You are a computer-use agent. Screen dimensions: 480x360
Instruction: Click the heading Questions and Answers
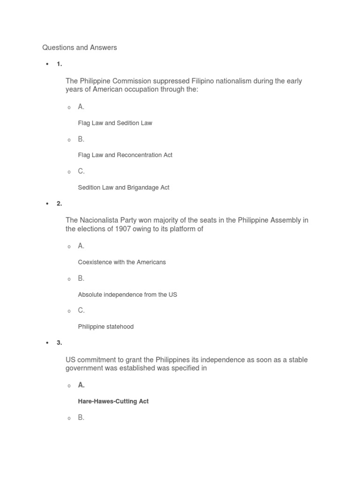[x=79, y=47]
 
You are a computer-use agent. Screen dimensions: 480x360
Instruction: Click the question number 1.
[x=59, y=64]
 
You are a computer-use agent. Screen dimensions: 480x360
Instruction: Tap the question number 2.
[x=59, y=203]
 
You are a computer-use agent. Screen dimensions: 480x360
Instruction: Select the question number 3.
[x=59, y=343]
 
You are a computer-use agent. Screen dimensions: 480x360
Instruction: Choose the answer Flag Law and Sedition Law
[x=115, y=123]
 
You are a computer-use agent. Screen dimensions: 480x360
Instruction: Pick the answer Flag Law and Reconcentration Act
[x=125, y=155]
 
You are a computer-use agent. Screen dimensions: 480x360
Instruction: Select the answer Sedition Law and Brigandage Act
[x=124, y=187]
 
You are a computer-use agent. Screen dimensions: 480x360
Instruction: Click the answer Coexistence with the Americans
[x=122, y=262]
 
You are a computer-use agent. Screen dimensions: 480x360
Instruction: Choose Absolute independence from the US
[x=127, y=294]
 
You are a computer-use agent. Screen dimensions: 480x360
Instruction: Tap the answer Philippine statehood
[x=106, y=327]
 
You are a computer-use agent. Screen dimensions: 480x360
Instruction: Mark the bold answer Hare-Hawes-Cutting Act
[x=113, y=401]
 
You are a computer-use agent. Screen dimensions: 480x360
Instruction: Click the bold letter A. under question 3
[x=81, y=385]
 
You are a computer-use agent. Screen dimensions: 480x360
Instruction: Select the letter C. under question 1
[x=81, y=171]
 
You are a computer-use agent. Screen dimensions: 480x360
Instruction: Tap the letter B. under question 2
[x=81, y=278]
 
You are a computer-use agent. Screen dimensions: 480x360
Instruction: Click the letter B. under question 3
[x=81, y=417]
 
